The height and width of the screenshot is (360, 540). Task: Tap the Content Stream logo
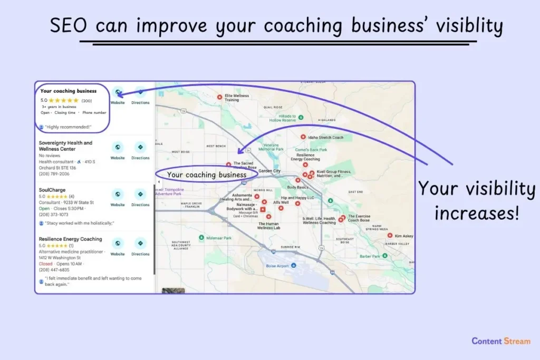[501, 341]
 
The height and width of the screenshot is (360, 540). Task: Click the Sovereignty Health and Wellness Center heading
[65, 146]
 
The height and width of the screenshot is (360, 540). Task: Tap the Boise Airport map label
[276, 265]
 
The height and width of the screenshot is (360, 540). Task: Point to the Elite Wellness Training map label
[236, 98]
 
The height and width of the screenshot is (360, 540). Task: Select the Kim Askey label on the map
[404, 236]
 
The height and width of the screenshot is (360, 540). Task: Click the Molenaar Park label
[220, 238]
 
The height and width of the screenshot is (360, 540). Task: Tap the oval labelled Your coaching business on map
[206, 174]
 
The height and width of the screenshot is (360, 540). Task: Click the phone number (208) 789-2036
[54, 173]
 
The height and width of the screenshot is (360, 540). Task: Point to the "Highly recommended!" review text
[69, 127]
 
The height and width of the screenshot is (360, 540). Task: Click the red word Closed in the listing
[45, 264]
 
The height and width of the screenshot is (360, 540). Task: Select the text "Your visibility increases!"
[476, 201]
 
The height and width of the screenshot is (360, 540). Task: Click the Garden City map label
[269, 171]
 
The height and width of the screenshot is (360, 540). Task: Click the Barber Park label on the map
[370, 256]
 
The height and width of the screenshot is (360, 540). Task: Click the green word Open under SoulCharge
[44, 208]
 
